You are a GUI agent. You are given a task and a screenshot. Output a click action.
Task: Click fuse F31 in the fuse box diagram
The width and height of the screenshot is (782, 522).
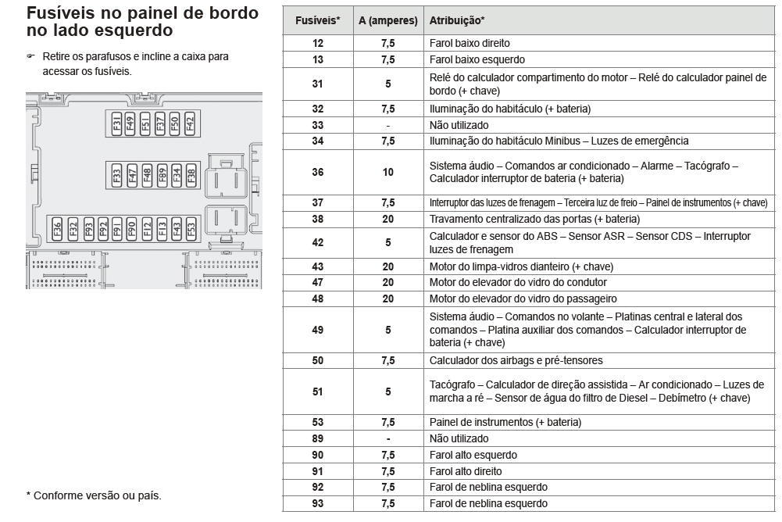tap(116, 124)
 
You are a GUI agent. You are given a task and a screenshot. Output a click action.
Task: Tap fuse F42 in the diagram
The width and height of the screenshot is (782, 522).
tap(189, 124)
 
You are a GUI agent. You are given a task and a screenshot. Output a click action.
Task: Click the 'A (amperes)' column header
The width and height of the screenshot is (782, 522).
tap(388, 20)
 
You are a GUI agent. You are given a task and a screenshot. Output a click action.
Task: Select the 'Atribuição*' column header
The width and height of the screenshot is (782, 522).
tap(456, 20)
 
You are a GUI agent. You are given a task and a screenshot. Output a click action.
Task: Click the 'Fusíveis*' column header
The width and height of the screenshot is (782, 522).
tap(317, 20)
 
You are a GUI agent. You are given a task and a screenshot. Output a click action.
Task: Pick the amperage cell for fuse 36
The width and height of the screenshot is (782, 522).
tap(388, 172)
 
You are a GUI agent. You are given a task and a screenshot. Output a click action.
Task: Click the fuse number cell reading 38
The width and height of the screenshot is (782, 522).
tap(317, 219)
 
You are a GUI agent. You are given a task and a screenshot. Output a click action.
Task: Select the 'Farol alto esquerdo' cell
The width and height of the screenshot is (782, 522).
tap(473, 455)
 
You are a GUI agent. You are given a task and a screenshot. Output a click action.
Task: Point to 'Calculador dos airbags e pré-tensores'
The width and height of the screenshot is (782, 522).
tap(516, 360)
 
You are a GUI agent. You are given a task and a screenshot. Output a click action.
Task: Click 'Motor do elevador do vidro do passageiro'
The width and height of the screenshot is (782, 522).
tap(523, 299)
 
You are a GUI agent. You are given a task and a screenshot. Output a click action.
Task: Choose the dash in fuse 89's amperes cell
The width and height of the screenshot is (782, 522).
tap(388, 438)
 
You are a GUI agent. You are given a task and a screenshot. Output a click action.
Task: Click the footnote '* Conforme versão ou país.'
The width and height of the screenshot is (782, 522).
tap(94, 495)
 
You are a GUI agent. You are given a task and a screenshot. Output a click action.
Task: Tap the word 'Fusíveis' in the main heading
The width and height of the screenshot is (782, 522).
tap(60, 13)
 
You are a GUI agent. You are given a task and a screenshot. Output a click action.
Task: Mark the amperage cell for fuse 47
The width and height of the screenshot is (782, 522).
tap(388, 282)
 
